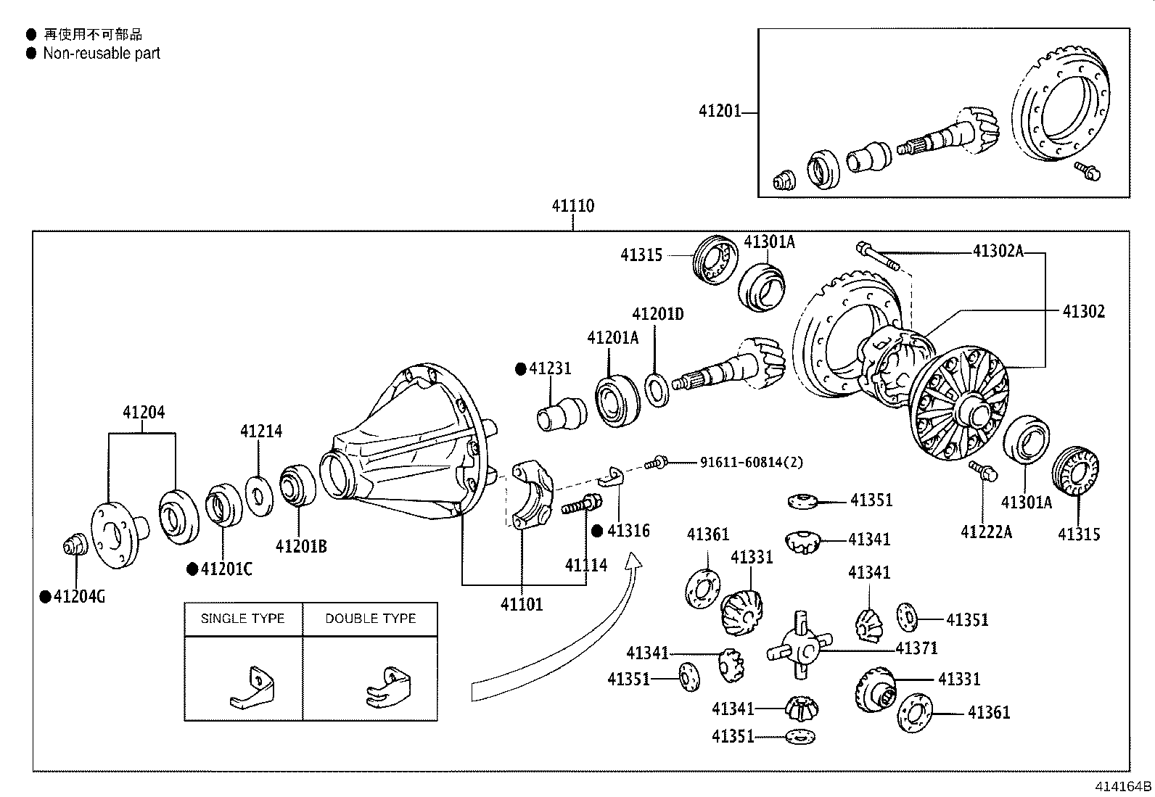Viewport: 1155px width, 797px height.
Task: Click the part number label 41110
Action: tap(572, 206)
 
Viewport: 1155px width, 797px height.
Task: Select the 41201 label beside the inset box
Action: tap(720, 111)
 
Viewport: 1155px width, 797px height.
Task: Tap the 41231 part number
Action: tap(550, 368)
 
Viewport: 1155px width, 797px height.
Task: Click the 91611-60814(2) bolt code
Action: tap(751, 462)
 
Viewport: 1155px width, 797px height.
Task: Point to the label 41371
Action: tap(916, 648)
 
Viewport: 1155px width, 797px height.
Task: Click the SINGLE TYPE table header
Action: tap(242, 619)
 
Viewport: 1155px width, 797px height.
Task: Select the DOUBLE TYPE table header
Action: tap(370, 619)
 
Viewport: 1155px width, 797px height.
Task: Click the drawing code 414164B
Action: tap(1122, 787)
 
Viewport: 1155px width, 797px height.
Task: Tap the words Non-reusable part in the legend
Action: tap(102, 53)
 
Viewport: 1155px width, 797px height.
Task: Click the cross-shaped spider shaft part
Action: tap(800, 645)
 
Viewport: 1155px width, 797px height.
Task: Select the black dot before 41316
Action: tap(597, 531)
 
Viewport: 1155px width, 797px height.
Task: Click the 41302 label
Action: tap(1083, 312)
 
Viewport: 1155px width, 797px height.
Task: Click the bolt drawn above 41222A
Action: tap(983, 471)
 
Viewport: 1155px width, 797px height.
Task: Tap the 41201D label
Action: tap(657, 314)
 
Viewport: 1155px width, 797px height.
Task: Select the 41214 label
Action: tap(261, 431)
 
